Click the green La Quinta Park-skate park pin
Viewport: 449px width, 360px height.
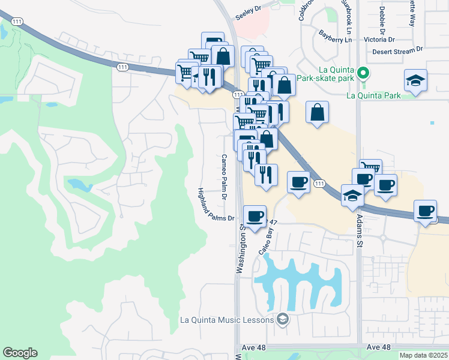[x=362, y=74]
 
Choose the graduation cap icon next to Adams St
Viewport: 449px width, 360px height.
[x=352, y=194]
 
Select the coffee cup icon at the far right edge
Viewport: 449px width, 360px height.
[x=426, y=211]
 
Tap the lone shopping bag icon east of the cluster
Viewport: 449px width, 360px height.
[x=317, y=112]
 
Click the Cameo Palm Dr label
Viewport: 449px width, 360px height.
[x=223, y=177]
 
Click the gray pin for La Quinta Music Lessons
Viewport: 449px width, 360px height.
[x=282, y=319]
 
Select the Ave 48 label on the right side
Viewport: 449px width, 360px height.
[x=378, y=347]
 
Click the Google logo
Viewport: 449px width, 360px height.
[x=20, y=353]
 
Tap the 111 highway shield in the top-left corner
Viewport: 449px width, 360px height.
[x=18, y=22]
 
